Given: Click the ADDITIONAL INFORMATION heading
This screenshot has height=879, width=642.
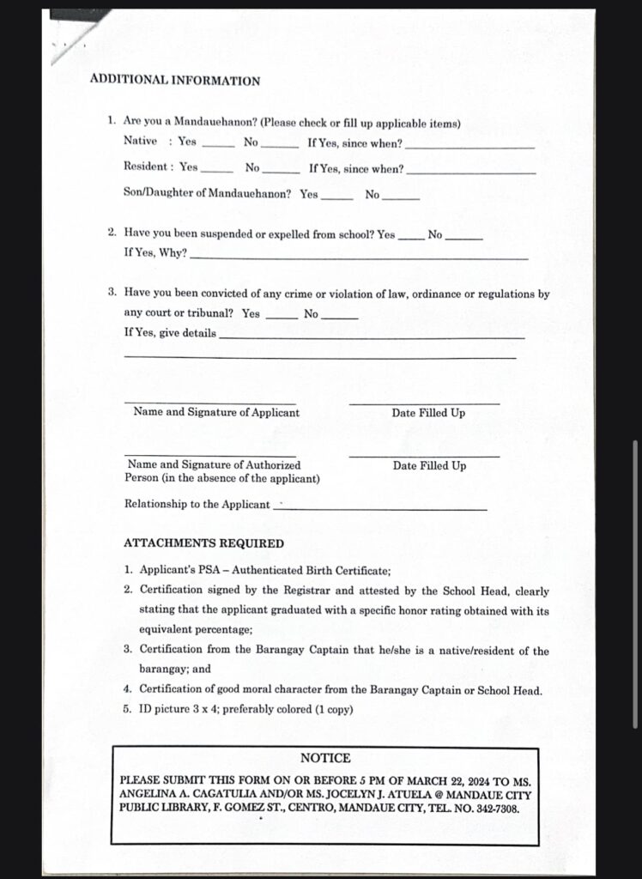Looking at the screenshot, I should (x=174, y=81).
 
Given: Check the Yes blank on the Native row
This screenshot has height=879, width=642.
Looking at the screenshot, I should (x=217, y=144).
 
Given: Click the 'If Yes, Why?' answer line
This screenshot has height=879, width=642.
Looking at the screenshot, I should (x=359, y=256).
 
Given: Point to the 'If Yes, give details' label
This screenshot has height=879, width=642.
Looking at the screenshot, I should (x=170, y=333).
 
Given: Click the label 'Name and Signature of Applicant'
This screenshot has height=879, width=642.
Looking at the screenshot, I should (x=216, y=412).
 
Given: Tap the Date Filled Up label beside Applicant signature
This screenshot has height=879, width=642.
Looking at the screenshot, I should (x=428, y=413).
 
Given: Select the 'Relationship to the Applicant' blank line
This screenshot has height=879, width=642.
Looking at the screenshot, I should (x=379, y=507).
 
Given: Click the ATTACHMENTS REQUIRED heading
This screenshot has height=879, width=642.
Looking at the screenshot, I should (x=203, y=543).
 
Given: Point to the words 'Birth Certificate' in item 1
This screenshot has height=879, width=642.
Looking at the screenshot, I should (x=348, y=570).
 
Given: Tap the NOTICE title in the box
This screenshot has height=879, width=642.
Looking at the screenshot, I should (x=325, y=758).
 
